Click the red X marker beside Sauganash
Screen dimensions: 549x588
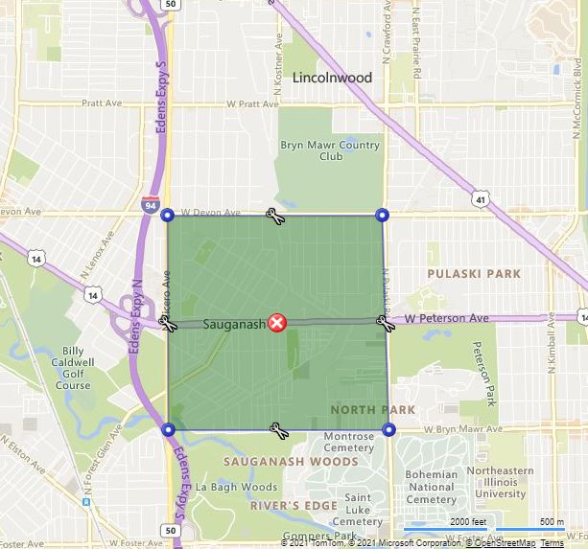click(277, 323)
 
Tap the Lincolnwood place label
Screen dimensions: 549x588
click(331, 78)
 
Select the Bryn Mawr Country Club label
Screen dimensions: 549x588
click(330, 150)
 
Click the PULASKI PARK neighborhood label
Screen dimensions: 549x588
click(476, 274)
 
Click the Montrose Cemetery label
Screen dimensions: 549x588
click(348, 442)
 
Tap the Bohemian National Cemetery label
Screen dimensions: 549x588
click(432, 487)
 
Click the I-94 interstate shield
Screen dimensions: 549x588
click(150, 205)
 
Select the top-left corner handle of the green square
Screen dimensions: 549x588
click(168, 215)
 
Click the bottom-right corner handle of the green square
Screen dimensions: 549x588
click(388, 430)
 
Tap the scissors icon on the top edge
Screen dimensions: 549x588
click(274, 216)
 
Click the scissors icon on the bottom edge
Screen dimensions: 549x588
click(279, 430)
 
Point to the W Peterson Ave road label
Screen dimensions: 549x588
click(446, 318)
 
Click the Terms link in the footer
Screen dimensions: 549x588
click(552, 543)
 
